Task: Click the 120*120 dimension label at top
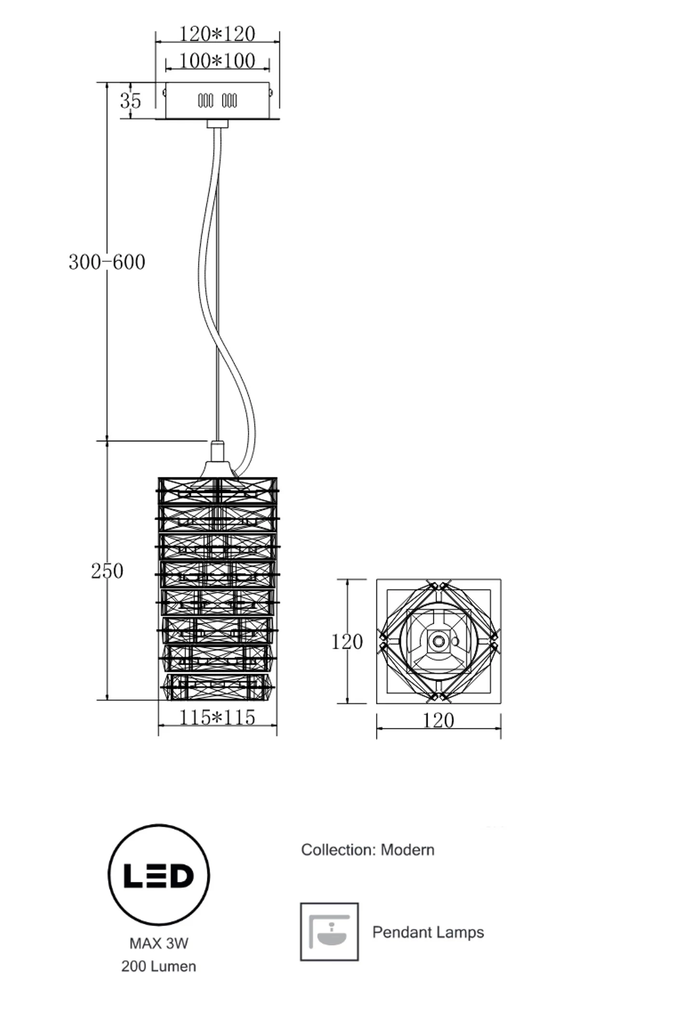click(217, 34)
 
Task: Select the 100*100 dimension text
click(217, 61)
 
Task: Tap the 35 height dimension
click(130, 101)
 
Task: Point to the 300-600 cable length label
click(107, 262)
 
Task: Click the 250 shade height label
click(107, 571)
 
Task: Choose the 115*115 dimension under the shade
click(217, 717)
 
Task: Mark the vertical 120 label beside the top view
click(347, 642)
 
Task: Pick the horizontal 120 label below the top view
click(438, 721)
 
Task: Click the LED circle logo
click(159, 875)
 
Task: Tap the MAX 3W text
click(159, 943)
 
